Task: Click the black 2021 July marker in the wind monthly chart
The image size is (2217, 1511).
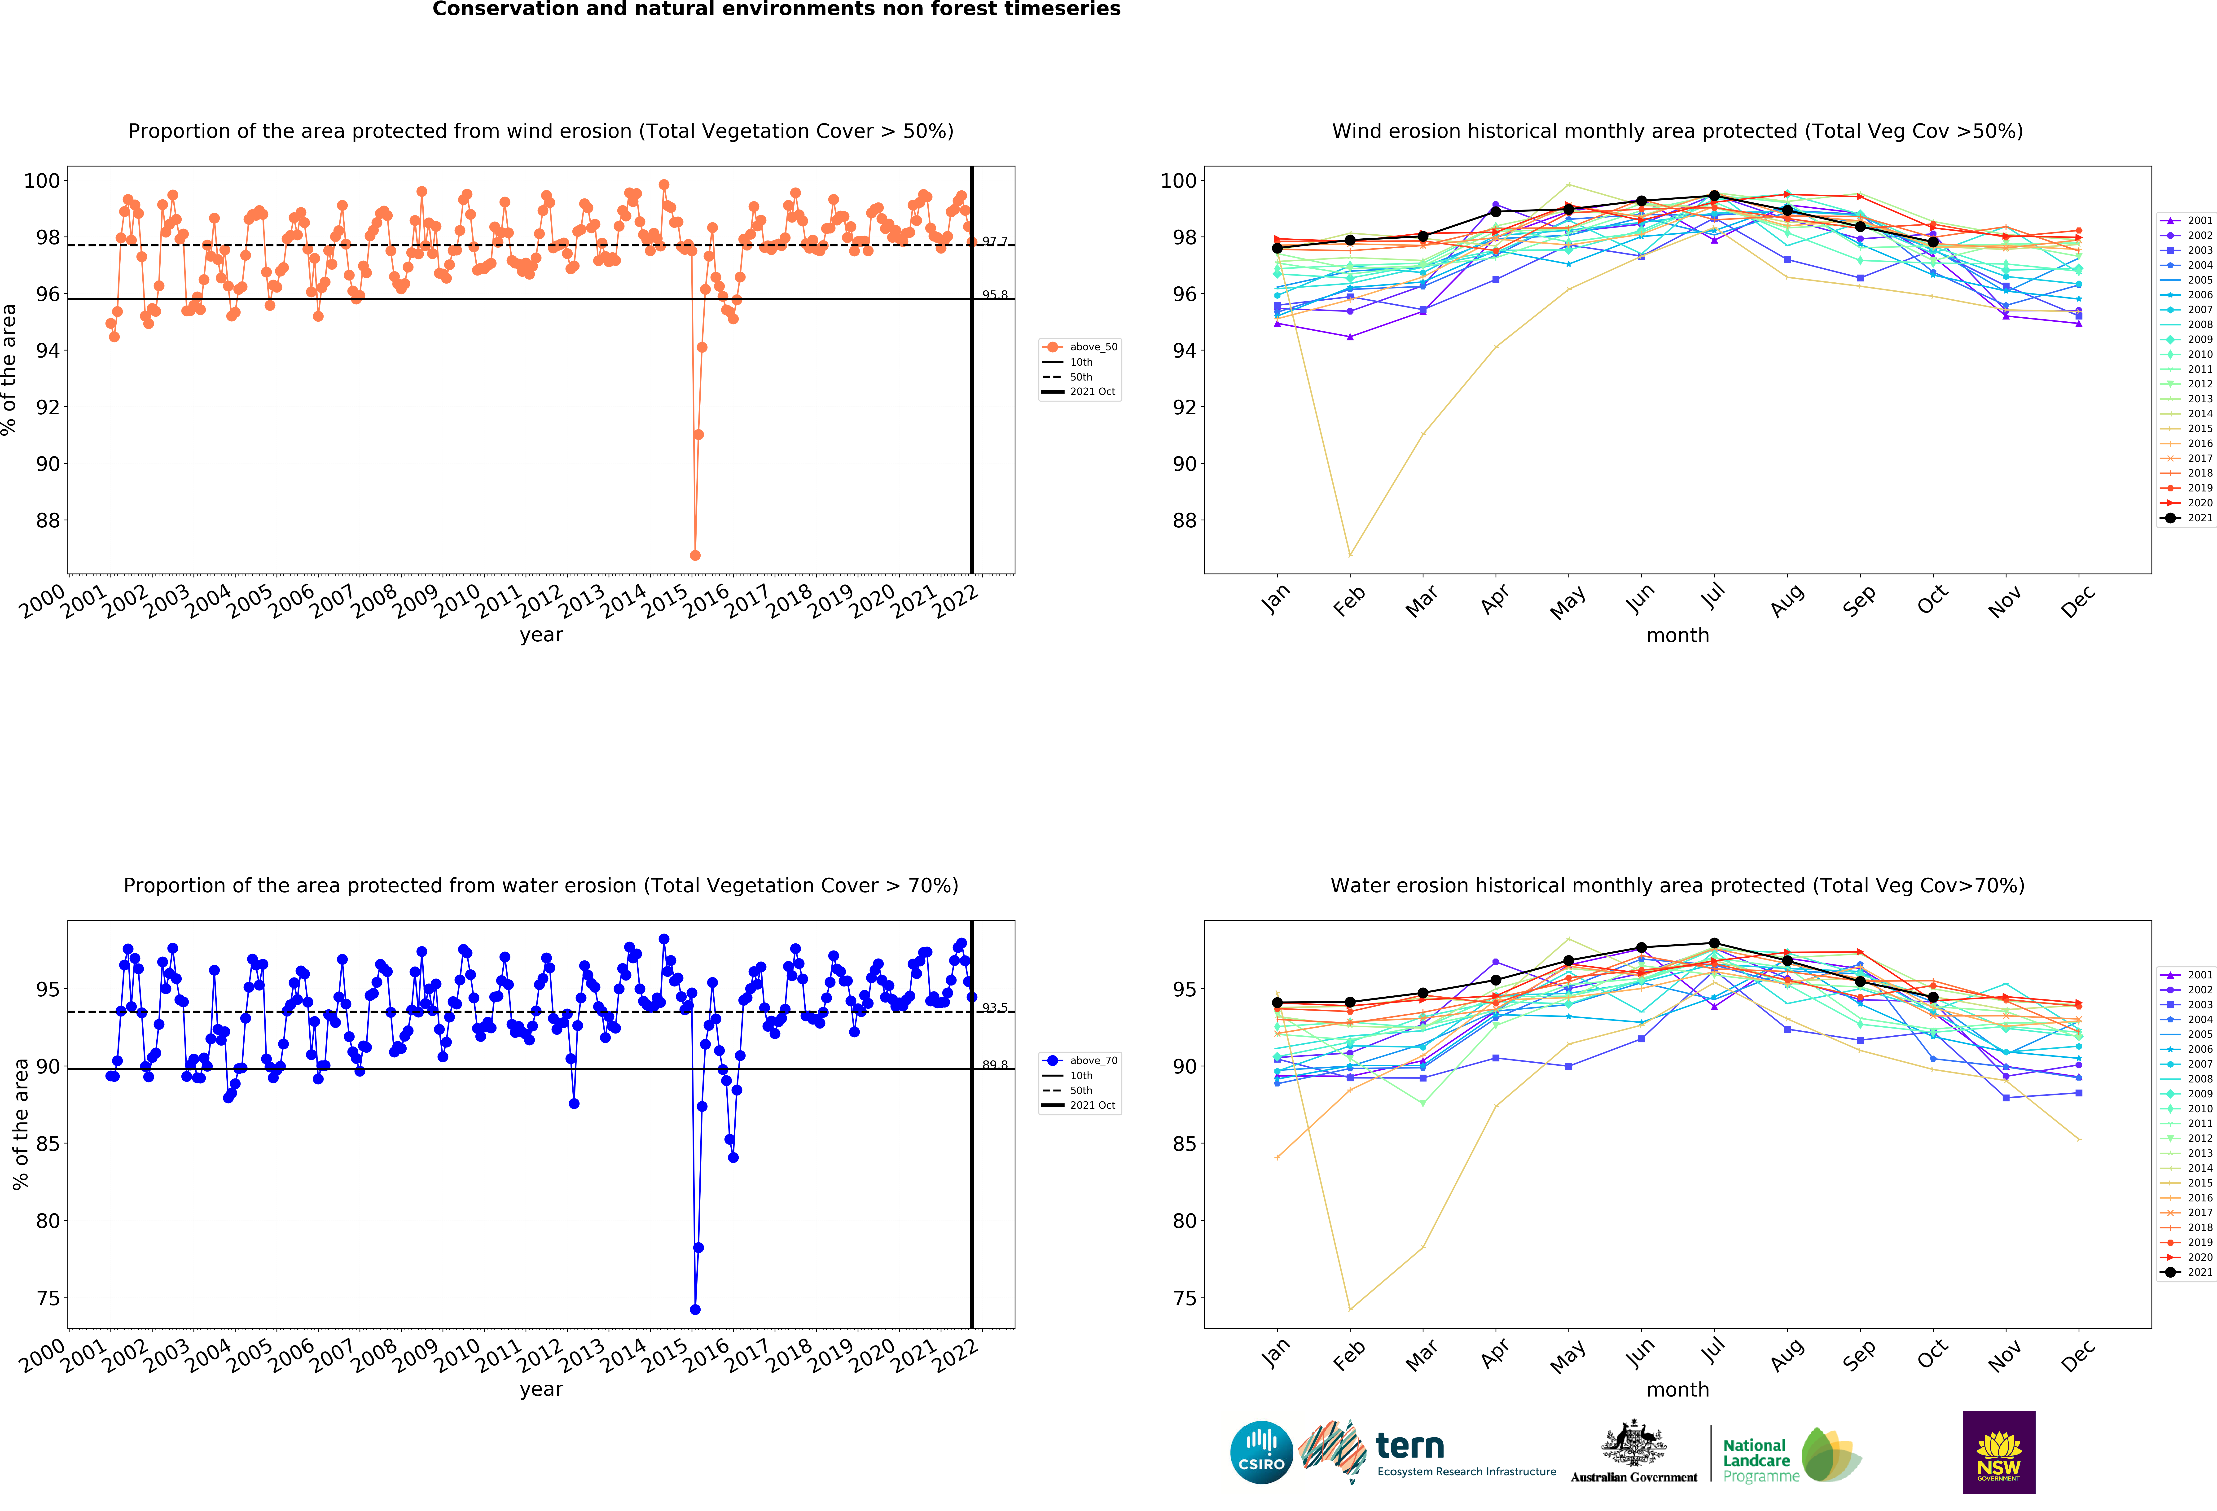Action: pos(1714,196)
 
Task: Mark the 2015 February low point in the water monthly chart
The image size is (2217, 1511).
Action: pos(1350,1309)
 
